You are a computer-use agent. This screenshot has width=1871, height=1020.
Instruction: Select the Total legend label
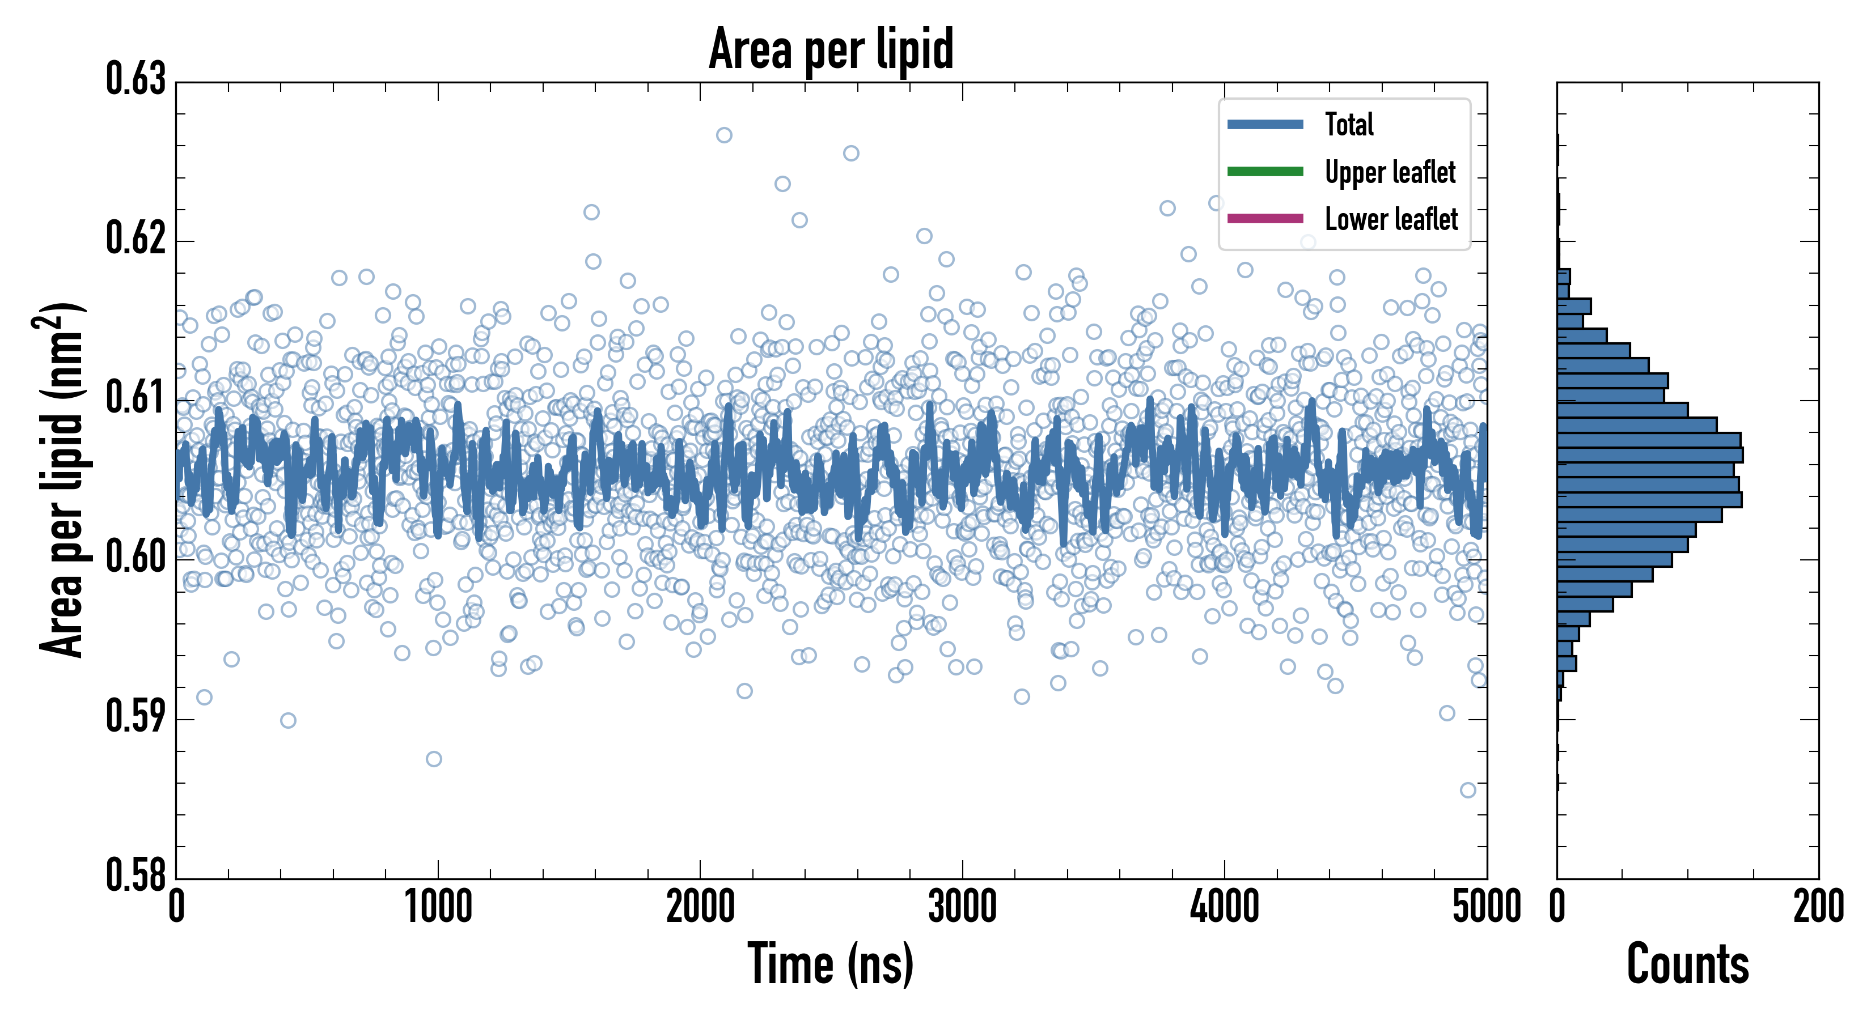point(1349,124)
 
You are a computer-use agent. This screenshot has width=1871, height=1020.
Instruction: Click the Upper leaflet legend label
point(1390,172)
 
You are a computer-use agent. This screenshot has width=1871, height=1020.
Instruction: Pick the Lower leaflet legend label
point(1391,219)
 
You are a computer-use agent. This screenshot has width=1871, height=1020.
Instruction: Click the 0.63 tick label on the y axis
point(136,80)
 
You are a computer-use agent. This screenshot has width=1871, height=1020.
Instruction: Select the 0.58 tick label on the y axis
point(136,875)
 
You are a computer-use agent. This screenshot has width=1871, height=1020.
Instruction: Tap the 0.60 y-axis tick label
point(136,558)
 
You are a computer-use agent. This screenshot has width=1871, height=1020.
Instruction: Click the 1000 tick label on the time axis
point(438,907)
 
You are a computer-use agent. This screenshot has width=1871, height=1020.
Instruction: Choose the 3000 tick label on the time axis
point(962,907)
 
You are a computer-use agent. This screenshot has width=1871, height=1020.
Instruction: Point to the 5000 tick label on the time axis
point(1486,907)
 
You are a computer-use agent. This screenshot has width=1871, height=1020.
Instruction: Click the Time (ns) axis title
point(831,964)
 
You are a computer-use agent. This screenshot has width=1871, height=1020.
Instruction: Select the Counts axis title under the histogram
point(1687,964)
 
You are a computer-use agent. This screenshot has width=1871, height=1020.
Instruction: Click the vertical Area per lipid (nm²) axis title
point(62,479)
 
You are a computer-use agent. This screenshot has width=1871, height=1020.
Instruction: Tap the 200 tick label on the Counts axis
point(1818,907)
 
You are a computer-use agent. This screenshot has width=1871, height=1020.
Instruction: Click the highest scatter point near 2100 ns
point(724,135)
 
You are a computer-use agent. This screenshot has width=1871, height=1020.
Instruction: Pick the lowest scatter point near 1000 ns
point(434,759)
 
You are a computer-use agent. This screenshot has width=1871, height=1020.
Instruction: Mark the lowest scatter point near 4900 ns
point(1468,790)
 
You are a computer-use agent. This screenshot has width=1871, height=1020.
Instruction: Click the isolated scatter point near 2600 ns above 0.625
point(851,153)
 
